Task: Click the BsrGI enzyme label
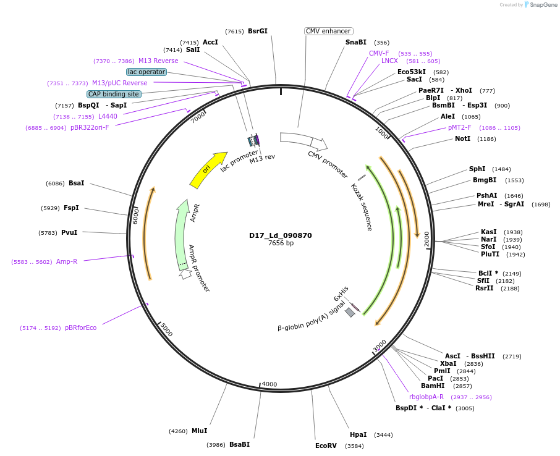257,31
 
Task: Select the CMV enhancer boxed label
328,31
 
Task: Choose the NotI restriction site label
462,138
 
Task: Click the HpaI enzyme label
358,434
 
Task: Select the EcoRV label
326,445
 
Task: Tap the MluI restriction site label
199,431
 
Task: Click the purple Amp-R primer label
67,261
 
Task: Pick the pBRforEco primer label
80,327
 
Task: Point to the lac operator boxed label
146,72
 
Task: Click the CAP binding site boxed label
114,94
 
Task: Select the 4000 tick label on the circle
269,384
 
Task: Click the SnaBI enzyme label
356,42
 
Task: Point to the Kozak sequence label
362,207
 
